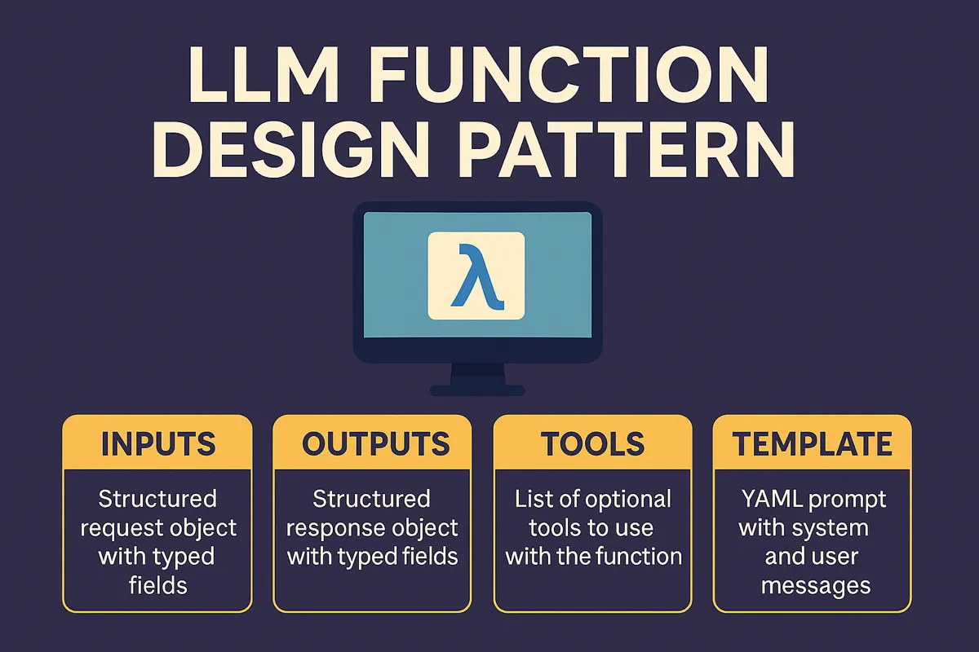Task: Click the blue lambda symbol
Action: click(476, 275)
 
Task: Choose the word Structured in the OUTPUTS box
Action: click(371, 498)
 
